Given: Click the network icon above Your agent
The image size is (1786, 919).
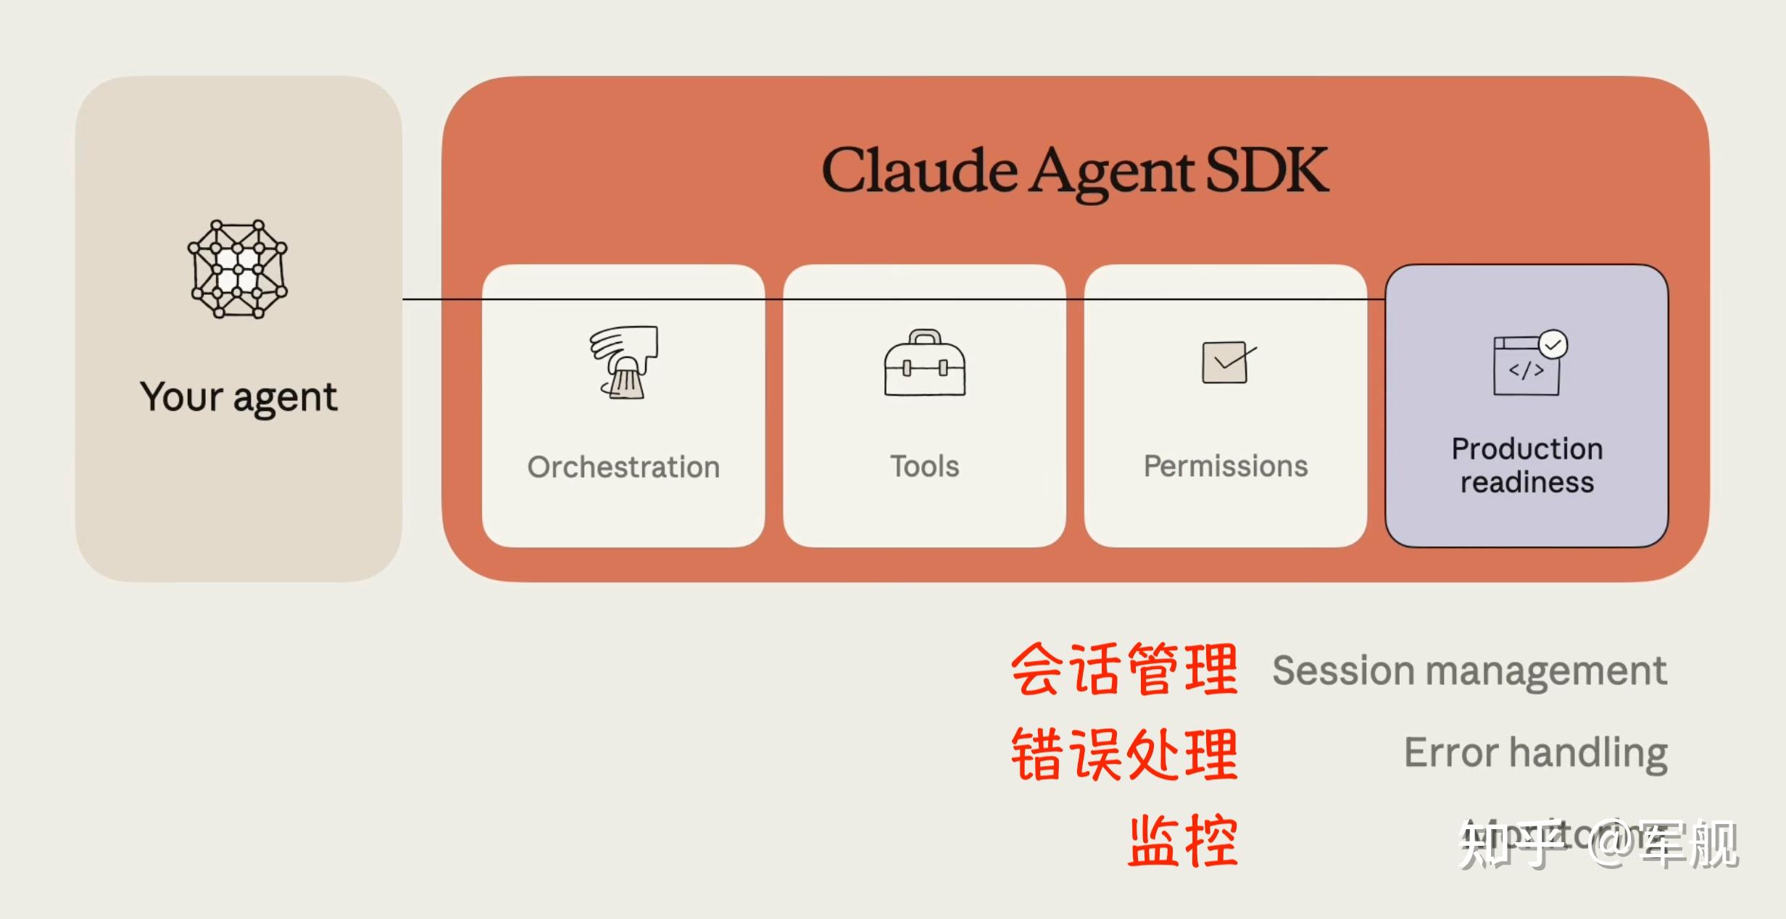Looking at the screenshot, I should [x=238, y=269].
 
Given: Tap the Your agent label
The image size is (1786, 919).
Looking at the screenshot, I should [x=238, y=396].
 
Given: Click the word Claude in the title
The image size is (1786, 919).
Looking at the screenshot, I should [x=919, y=171].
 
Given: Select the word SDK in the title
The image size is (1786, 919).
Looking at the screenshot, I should [x=1266, y=171].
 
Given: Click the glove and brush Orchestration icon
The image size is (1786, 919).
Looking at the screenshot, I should [x=623, y=362].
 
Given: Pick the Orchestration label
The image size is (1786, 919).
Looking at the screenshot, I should [x=623, y=467].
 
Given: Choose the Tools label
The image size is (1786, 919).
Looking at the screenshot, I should [x=924, y=466].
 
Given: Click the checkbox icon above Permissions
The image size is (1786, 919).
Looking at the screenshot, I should [x=1226, y=362].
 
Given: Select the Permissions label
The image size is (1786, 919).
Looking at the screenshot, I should [x=1226, y=466].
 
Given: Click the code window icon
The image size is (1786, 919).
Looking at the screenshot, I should [x=1526, y=368].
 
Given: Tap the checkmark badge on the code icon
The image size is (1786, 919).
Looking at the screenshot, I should [x=1553, y=345].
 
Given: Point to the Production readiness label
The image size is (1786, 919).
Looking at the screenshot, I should [x=1527, y=465].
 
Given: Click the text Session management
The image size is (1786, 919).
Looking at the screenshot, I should [x=1469, y=670].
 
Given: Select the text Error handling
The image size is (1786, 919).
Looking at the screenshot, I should [x=1535, y=752].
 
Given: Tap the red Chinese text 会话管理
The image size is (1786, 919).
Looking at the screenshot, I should [x=1124, y=669].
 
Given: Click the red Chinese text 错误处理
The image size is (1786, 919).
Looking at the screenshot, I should [x=1124, y=754].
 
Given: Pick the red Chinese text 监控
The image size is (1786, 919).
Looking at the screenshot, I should [x=1183, y=841].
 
